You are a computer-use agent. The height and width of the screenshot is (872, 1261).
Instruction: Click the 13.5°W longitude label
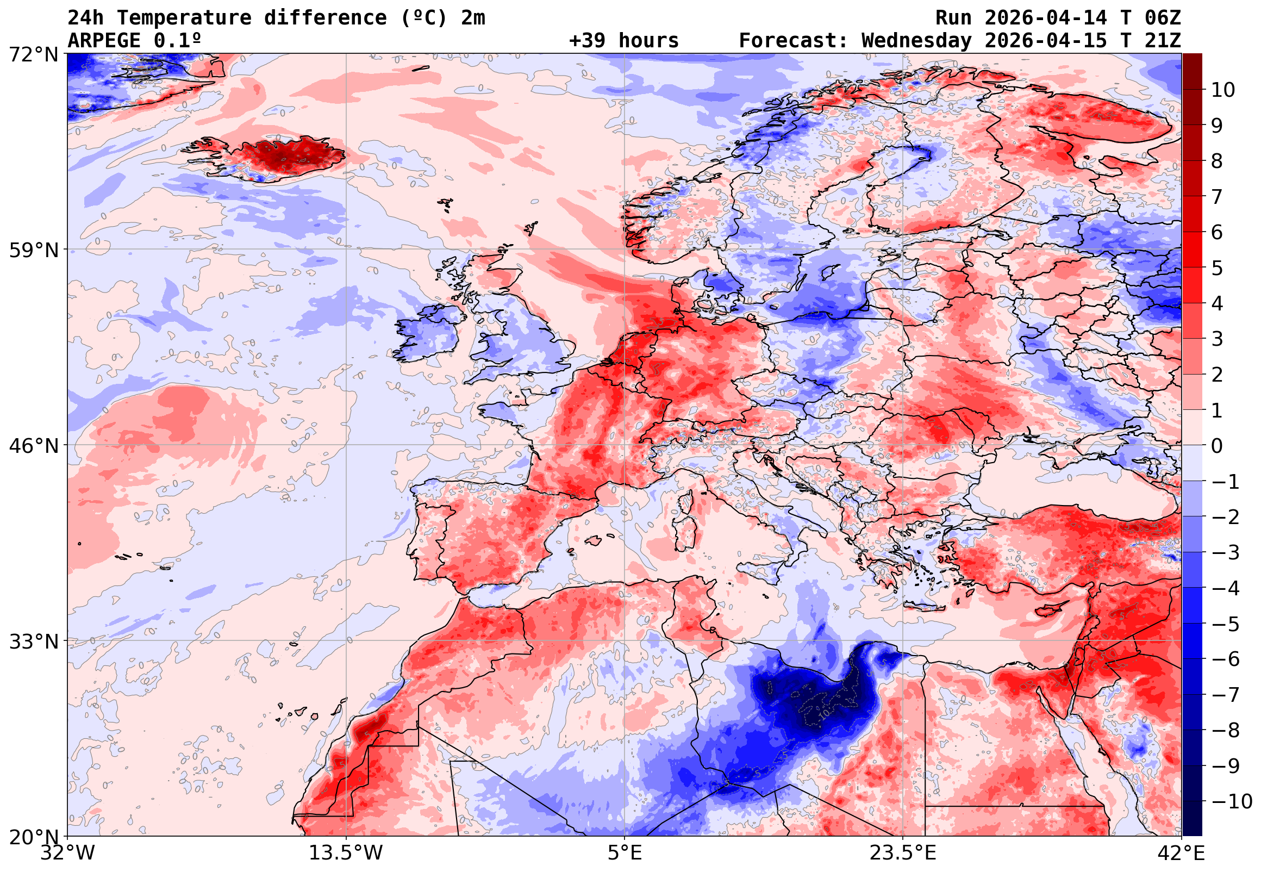[346, 853]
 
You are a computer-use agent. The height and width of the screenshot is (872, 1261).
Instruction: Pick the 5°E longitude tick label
[624, 853]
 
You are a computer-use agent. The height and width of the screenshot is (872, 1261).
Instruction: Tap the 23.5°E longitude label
[903, 853]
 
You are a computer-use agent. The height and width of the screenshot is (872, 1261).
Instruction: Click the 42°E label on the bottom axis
[1181, 853]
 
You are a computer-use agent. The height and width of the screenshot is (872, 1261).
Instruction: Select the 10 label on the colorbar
[1223, 90]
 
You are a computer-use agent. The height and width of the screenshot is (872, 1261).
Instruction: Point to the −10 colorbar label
[1232, 801]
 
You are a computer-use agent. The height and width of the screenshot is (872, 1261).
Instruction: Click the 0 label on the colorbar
[1217, 446]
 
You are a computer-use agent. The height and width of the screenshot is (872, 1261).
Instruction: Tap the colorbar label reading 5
[1217, 268]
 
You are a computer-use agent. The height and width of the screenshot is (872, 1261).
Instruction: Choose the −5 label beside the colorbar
[1226, 624]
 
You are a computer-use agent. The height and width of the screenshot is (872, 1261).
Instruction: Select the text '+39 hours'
[623, 41]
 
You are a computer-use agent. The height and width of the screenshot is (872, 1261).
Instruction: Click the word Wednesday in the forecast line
[917, 41]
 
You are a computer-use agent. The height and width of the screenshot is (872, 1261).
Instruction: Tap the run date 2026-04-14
[1046, 18]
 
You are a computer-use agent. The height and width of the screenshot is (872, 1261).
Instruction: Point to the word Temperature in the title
[184, 18]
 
